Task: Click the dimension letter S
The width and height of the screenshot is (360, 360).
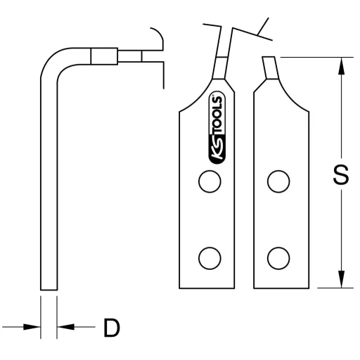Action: pos(340,174)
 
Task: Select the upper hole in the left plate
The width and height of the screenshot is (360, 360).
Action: pos(209,181)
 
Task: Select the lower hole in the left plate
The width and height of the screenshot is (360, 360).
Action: pos(209,258)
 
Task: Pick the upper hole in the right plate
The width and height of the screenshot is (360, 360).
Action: pos(279,181)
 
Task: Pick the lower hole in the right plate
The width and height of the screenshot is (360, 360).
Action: pos(279,258)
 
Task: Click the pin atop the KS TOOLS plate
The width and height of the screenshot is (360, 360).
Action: pos(219,67)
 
